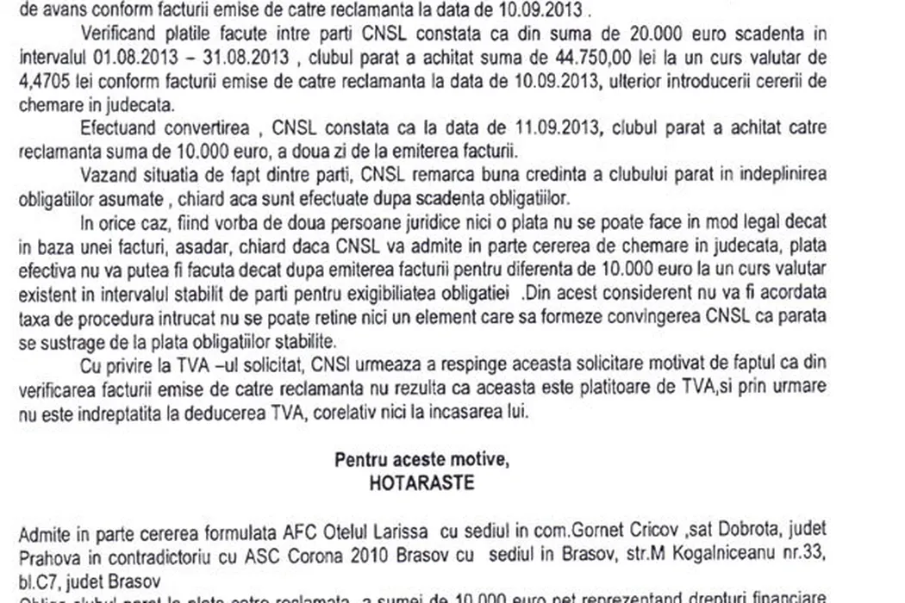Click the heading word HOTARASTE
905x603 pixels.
(x=421, y=482)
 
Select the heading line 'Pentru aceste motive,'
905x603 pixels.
(x=421, y=460)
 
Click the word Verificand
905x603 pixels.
(x=122, y=34)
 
